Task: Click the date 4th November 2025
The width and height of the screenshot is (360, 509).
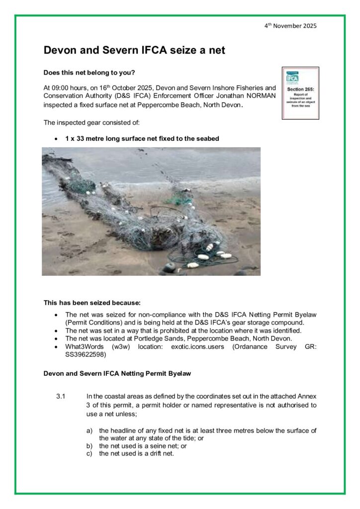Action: click(x=290, y=26)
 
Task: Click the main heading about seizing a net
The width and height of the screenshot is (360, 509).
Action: click(x=134, y=50)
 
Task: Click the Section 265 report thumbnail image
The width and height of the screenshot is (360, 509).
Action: click(x=300, y=93)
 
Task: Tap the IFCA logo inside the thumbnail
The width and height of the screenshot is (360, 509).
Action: click(x=293, y=78)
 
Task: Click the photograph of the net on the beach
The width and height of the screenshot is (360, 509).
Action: click(x=151, y=211)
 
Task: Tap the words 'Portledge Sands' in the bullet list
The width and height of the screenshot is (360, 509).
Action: click(x=150, y=339)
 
